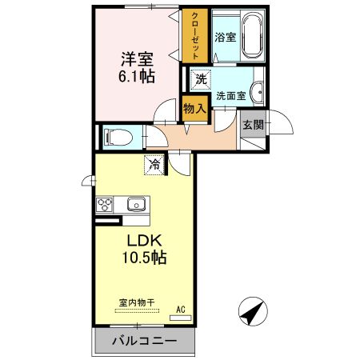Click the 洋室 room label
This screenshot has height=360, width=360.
tap(137, 59)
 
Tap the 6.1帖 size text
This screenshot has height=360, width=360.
tap(137, 77)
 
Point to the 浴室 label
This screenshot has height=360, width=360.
tap(225, 37)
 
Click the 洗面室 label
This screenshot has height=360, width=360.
tap(231, 94)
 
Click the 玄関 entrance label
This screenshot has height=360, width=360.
tap(253, 124)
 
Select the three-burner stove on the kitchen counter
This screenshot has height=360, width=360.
tap(105, 205)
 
